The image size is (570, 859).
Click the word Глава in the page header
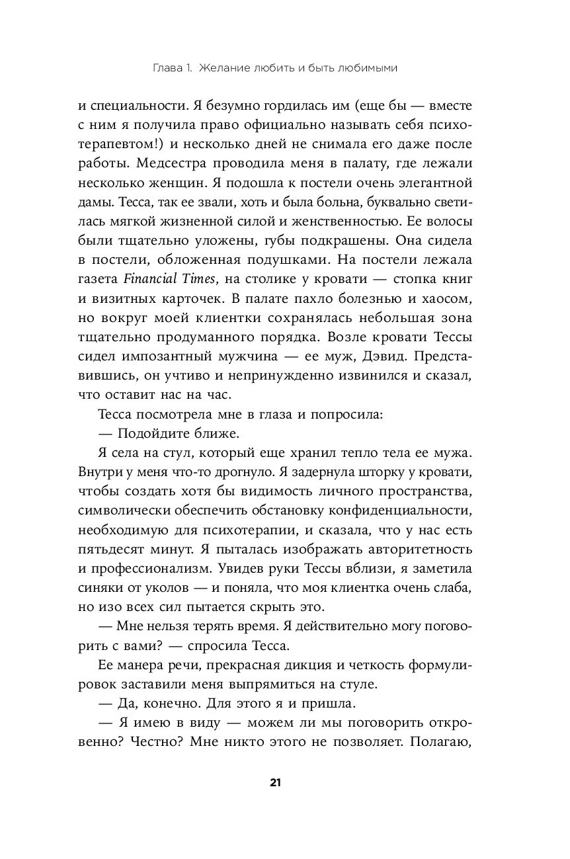click(167, 67)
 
